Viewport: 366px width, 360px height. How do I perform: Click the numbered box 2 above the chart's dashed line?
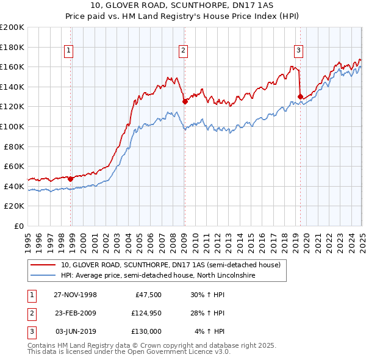(x=183, y=51)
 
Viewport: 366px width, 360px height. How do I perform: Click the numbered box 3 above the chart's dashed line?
(x=298, y=51)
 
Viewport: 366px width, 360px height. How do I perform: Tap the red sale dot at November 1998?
(x=71, y=179)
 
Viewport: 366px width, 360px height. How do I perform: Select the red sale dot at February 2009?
(x=185, y=102)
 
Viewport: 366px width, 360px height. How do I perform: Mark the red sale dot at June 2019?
(x=300, y=96)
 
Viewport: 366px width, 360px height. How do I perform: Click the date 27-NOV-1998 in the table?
(x=76, y=295)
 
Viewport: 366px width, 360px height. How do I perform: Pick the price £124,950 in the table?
(x=145, y=313)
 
